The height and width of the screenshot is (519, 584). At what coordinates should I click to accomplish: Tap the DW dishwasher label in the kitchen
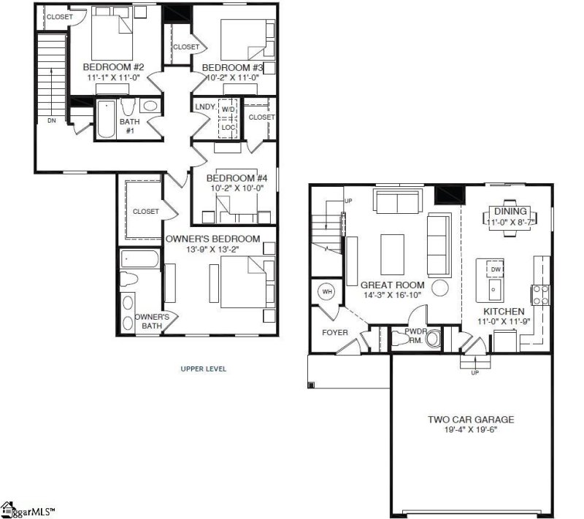tap(495, 269)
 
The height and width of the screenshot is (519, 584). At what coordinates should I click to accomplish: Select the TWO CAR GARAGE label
tap(471, 419)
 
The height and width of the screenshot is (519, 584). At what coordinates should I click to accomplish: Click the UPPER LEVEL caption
tap(203, 369)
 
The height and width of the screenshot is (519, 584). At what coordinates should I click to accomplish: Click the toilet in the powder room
tap(433, 339)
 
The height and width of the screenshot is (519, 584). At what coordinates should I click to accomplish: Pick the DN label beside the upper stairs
tap(50, 120)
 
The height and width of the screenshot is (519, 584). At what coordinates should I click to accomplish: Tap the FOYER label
tap(335, 333)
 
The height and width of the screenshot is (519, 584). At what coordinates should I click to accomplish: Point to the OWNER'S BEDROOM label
tap(212, 239)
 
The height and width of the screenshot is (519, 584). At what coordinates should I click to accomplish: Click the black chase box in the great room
tap(445, 194)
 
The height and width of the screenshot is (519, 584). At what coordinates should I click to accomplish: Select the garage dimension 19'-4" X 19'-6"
tap(471, 430)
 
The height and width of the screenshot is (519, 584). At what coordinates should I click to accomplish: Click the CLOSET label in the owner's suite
tap(145, 212)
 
